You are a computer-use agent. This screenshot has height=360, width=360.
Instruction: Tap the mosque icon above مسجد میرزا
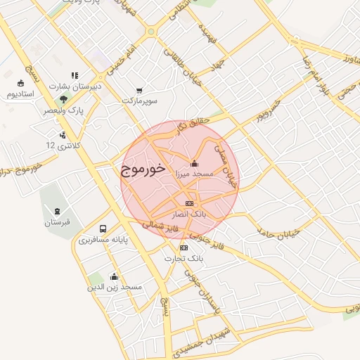[x=195, y=163]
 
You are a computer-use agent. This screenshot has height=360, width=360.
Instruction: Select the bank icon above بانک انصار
[x=188, y=203]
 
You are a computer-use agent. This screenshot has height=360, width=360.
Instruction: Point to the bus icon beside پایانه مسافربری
[x=103, y=229]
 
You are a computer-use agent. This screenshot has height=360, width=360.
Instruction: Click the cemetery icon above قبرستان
[x=57, y=211]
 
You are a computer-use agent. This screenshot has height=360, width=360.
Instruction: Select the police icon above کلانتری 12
[x=63, y=134]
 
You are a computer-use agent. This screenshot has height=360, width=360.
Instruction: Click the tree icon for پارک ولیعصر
[x=63, y=99]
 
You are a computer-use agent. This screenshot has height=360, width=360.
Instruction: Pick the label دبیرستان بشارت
[x=75, y=86]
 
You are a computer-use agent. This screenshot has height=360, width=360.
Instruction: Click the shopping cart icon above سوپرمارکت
[x=139, y=91]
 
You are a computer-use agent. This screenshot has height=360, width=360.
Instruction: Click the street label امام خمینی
[x=120, y=56]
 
